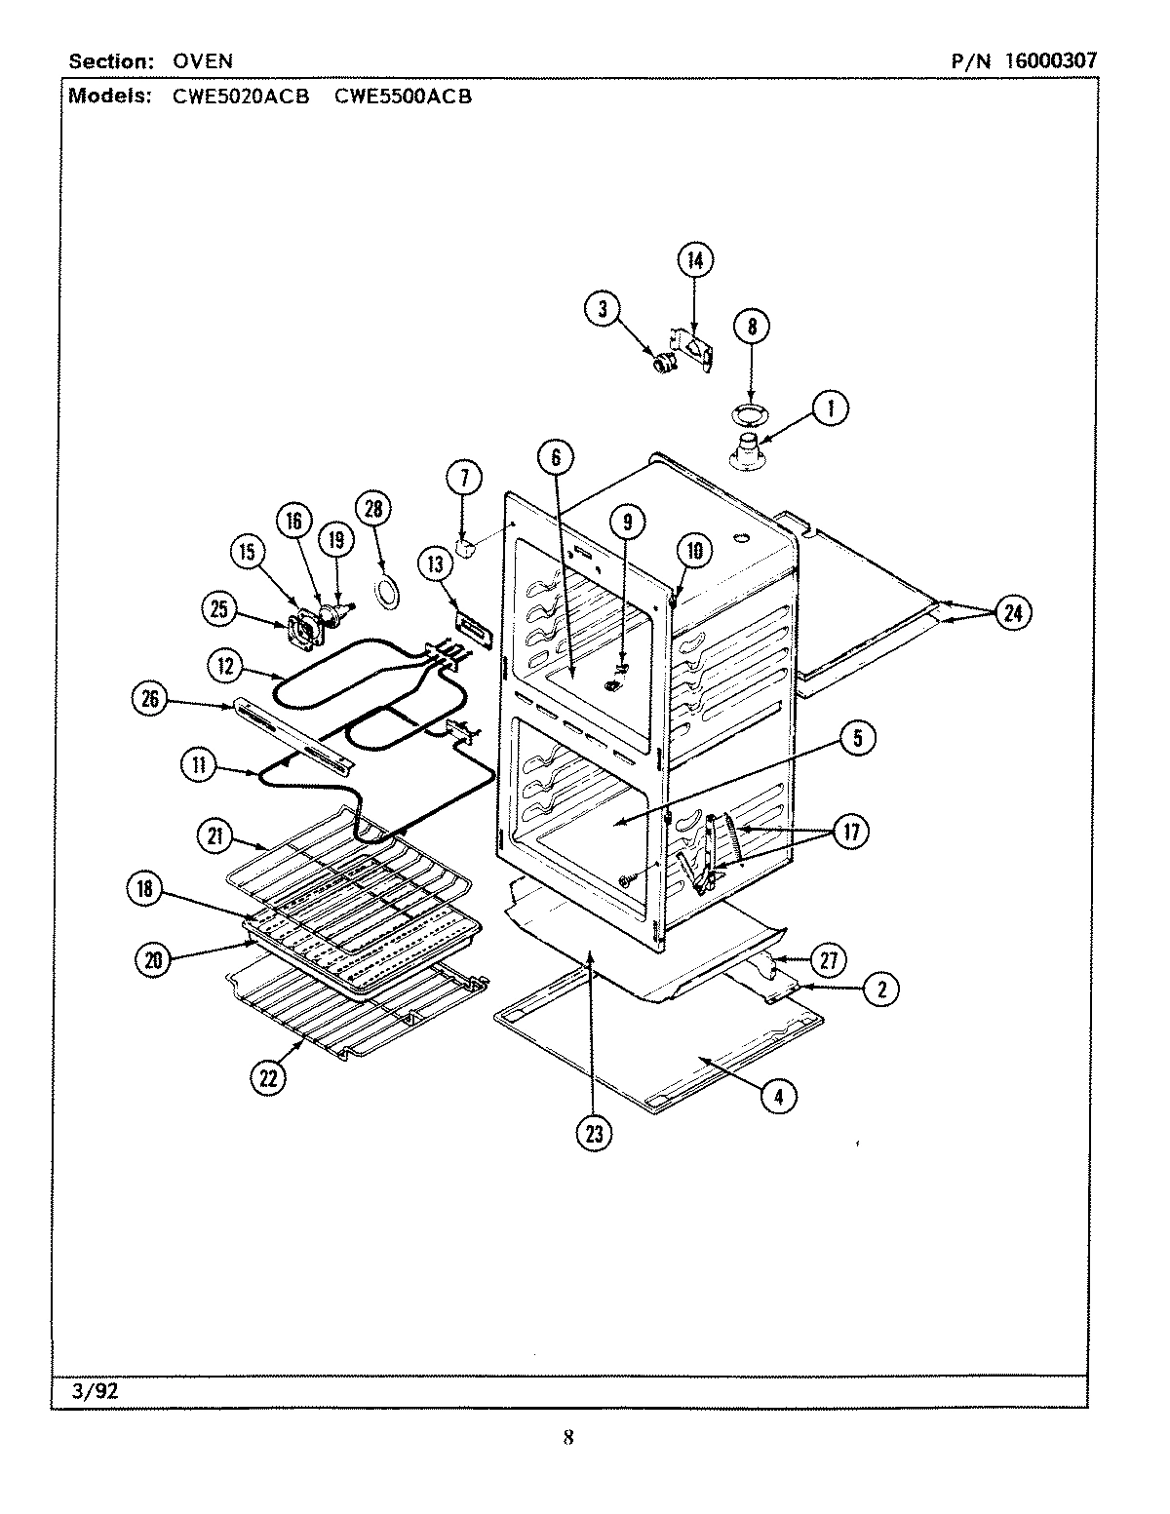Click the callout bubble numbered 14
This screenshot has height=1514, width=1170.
[x=694, y=260]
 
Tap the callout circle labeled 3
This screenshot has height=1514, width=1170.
[x=603, y=309]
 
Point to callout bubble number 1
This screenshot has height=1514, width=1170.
[x=830, y=408]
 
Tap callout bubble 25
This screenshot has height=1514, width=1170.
[x=220, y=609]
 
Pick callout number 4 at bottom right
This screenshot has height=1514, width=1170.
[x=777, y=1095]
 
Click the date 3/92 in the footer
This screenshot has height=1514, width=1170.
[x=95, y=1391]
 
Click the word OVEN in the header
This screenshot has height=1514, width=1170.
[x=203, y=60]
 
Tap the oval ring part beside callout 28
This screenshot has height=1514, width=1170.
[x=388, y=592]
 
